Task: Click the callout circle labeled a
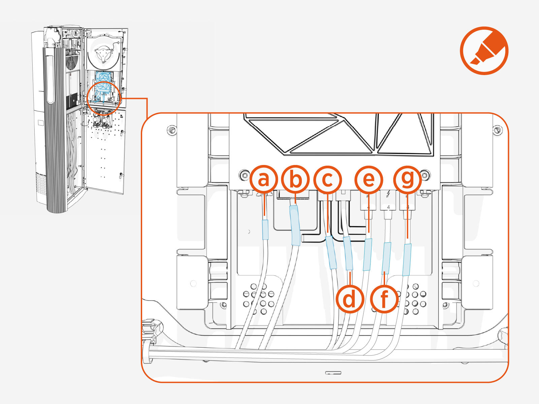[x=264, y=179]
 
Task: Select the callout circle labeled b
[x=295, y=179]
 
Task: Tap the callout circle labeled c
[x=327, y=179]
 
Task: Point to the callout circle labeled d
[x=350, y=299]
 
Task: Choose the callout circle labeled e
[x=369, y=179]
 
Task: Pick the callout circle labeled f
[x=384, y=299]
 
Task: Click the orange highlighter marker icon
[x=484, y=51]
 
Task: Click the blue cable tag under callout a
[x=265, y=230]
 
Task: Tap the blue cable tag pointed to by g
[x=407, y=260]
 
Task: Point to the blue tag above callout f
[x=386, y=258]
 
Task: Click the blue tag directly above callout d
[x=348, y=253]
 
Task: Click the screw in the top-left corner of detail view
[x=172, y=130]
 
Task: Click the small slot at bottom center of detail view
[x=333, y=373]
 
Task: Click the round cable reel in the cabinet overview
[x=103, y=54]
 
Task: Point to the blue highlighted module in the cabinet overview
[x=103, y=82]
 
